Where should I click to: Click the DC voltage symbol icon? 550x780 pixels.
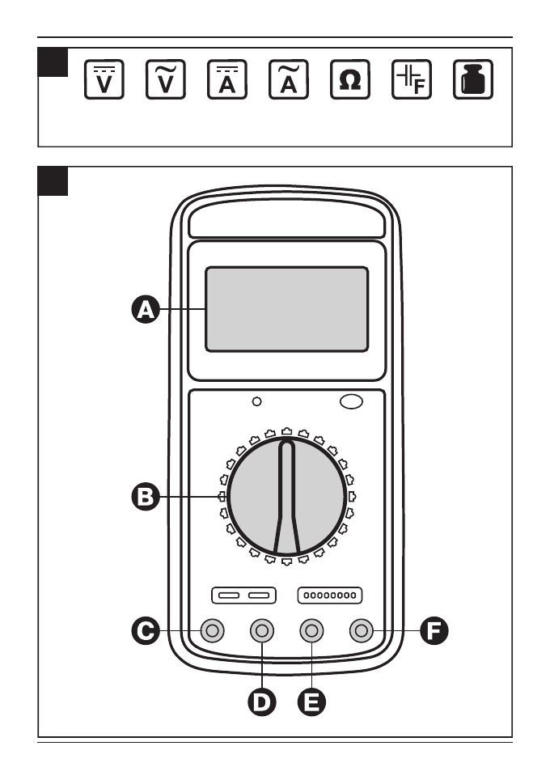click(104, 80)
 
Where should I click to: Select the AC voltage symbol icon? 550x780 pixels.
click(166, 80)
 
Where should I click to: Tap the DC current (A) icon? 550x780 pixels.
click(227, 80)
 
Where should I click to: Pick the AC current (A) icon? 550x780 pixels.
click(289, 80)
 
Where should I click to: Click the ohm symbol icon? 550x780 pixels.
click(350, 80)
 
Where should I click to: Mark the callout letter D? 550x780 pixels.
click(261, 702)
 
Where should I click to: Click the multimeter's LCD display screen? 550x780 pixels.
click(286, 310)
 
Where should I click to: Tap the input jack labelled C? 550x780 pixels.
click(213, 630)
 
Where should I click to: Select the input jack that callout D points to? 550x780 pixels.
click(261, 630)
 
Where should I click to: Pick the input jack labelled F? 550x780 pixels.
click(361, 630)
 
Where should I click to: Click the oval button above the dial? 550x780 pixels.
click(351, 401)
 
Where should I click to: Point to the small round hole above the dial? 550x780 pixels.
click(257, 401)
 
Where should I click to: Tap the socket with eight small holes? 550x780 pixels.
click(329, 596)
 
